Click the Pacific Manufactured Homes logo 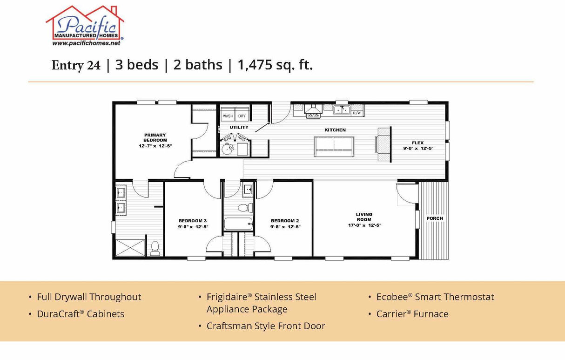[x=85, y=24]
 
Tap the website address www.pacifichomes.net [x=86, y=43]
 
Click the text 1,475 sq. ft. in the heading [x=275, y=65]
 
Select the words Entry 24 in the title [x=75, y=66]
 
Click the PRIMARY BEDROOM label [x=155, y=137]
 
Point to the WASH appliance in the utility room [x=228, y=116]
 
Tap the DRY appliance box [x=242, y=116]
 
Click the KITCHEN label [x=335, y=130]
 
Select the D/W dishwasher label [x=357, y=113]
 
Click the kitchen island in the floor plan [x=334, y=146]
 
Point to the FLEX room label [x=417, y=143]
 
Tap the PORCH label [x=435, y=218]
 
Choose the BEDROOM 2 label [x=285, y=221]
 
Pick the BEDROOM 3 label [x=193, y=221]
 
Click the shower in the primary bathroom [x=131, y=248]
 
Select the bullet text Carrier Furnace [x=412, y=314]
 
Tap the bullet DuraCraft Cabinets [x=80, y=314]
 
